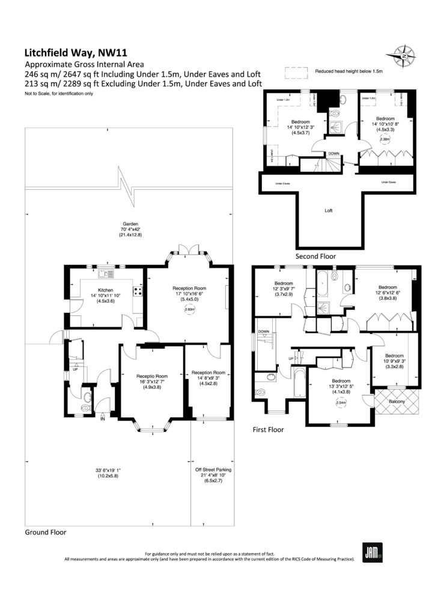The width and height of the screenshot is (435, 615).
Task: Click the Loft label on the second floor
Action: pyautogui.click(x=329, y=211)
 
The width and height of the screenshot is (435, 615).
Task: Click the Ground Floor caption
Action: pyautogui.click(x=46, y=532)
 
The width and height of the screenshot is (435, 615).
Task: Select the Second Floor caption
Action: pyautogui.click(x=315, y=256)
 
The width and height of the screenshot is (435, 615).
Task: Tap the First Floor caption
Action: pyautogui.click(x=268, y=430)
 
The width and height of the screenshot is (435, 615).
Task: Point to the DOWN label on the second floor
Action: pyautogui.click(x=333, y=154)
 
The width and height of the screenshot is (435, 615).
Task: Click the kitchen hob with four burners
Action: pyautogui.click(x=137, y=292)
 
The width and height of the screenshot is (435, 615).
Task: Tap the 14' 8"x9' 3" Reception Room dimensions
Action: pyautogui.click(x=207, y=379)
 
